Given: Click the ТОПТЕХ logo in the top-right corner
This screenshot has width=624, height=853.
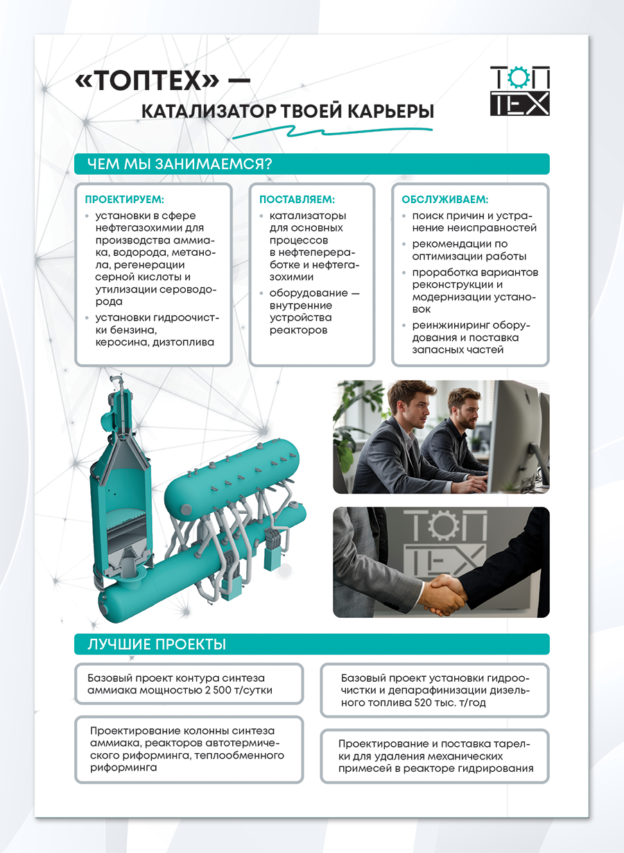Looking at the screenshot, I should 519,90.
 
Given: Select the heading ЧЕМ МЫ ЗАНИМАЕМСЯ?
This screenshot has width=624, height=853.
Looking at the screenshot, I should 179,164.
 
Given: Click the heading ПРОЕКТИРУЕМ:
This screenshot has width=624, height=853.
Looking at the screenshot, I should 124,199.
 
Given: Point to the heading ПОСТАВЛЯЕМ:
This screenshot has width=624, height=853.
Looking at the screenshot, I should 297,199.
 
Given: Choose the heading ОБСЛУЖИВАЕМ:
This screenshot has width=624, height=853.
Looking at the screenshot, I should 444,199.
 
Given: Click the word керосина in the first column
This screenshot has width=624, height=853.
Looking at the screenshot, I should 119,342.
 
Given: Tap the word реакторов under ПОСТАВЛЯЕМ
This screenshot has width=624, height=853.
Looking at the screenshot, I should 298,329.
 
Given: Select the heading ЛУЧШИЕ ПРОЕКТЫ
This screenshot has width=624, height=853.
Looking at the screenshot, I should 157,644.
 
